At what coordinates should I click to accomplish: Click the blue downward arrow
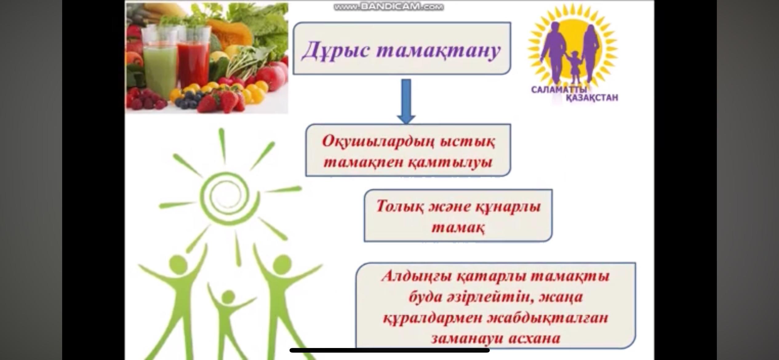pyautogui.click(x=406, y=101)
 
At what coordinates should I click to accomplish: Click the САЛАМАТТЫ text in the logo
pyautogui.click(x=559, y=90)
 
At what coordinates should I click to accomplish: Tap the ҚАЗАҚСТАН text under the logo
pyautogui.click(x=592, y=98)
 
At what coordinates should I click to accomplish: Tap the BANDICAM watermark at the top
pyautogui.click(x=389, y=7)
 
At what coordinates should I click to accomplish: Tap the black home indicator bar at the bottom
pyautogui.click(x=389, y=350)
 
